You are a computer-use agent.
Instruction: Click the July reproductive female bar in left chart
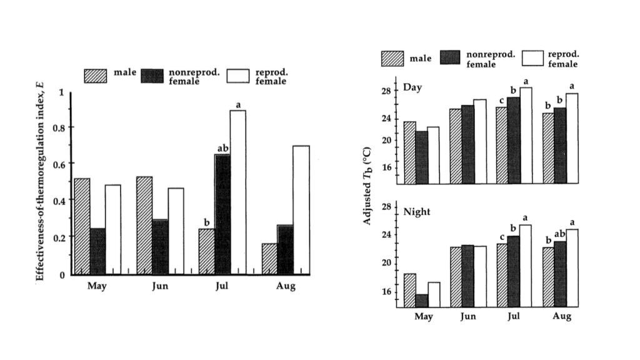click(x=237, y=192)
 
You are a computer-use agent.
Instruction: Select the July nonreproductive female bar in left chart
click(x=222, y=214)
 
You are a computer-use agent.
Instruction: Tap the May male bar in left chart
click(x=82, y=226)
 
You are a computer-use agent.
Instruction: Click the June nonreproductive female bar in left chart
click(x=160, y=247)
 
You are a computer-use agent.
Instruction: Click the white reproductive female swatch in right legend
click(x=533, y=59)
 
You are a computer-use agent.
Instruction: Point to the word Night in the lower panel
click(x=417, y=212)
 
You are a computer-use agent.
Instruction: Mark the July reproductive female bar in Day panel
click(x=526, y=136)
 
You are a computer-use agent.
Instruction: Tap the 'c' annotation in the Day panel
click(x=501, y=101)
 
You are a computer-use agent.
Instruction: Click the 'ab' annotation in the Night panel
click(x=560, y=234)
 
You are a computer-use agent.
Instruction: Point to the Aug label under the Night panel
click(x=561, y=317)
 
